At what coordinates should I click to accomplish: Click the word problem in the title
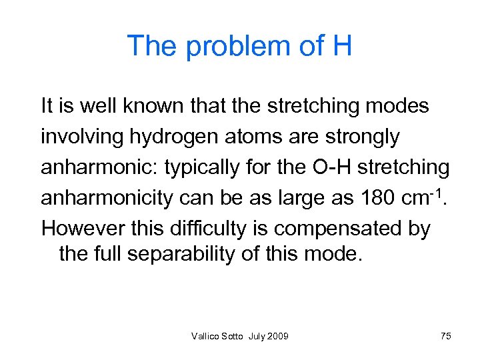pyautogui.click(x=227, y=47)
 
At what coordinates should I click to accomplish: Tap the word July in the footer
pyautogui.click(x=257, y=336)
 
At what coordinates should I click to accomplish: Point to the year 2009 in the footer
pyautogui.click(x=279, y=336)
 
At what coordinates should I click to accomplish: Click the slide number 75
pyautogui.click(x=446, y=336)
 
